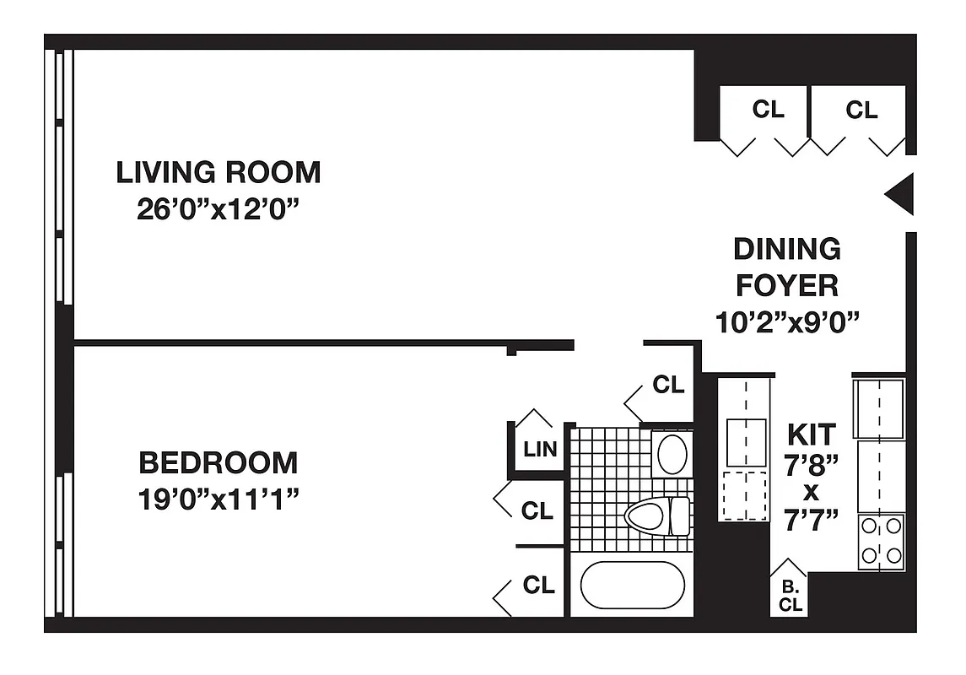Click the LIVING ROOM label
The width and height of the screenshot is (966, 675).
(x=219, y=172)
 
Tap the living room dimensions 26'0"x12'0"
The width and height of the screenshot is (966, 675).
(x=219, y=209)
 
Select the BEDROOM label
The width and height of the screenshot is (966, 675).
(x=219, y=463)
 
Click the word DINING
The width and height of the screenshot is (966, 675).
(x=786, y=249)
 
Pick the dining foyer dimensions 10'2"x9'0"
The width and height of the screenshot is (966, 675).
(x=786, y=321)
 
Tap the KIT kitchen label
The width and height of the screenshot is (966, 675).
(x=811, y=435)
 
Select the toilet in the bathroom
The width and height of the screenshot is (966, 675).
(x=657, y=515)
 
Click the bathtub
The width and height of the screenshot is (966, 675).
(x=631, y=585)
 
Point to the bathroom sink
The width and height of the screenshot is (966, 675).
(x=672, y=454)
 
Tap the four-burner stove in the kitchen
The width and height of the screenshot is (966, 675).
(x=880, y=541)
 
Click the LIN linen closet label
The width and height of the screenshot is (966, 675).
(x=540, y=449)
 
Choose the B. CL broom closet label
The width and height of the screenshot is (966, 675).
(x=790, y=596)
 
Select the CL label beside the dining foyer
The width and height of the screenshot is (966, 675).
(x=668, y=385)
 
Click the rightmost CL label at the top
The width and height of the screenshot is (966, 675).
(x=861, y=110)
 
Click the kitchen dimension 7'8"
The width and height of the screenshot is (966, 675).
(x=811, y=463)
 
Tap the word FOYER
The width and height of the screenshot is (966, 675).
(x=786, y=285)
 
